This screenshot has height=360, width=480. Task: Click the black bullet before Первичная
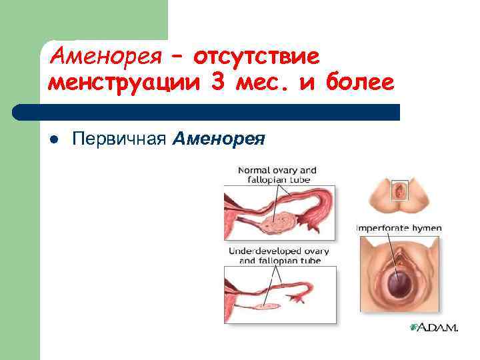[x=55, y=139]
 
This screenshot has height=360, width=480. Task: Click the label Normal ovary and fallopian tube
[x=277, y=175]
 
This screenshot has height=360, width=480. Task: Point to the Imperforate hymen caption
[x=399, y=228]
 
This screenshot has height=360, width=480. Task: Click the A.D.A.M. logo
[x=434, y=327]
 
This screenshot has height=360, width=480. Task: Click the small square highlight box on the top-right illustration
[x=399, y=191]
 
